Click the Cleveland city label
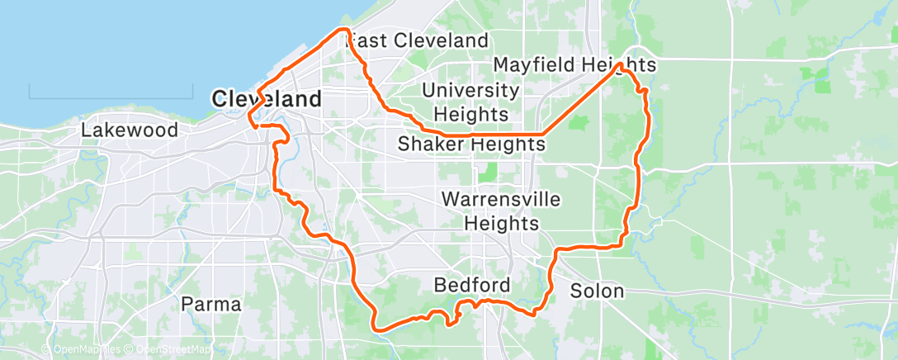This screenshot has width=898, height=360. coord(267,99)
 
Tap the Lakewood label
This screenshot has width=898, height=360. coord(130,130)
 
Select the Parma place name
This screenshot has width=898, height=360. coord(211,304)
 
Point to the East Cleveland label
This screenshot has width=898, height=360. coord(418,40)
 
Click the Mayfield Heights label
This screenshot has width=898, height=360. coord(574,64)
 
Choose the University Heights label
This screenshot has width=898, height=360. coord(470,102)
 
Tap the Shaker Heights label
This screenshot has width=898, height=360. coord(471,144)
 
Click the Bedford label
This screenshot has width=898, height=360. coord(472,285)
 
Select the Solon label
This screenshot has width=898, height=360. coord(597,291)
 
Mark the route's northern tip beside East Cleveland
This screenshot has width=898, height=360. coord(343,31)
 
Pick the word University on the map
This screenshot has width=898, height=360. coord(470,90)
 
